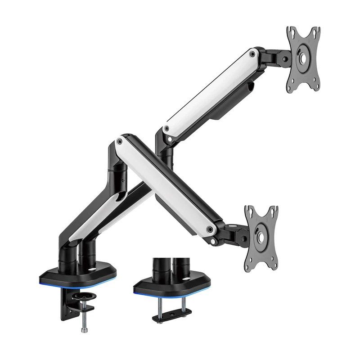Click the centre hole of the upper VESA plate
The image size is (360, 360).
tap(303, 58)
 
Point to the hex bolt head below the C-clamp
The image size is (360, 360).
tap(84, 330)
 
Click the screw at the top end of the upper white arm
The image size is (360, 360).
tap(252, 54)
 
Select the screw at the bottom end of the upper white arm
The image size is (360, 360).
tap(167, 129)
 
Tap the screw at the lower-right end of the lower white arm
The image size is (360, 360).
tap(209, 229)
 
